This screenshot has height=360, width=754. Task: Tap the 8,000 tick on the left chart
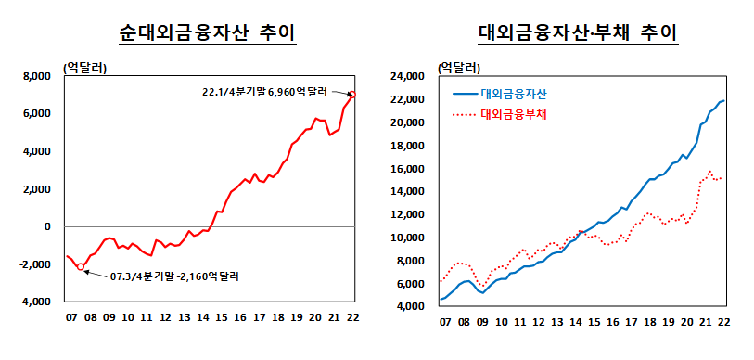click(x=38, y=76)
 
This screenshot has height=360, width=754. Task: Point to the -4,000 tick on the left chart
click(x=36, y=302)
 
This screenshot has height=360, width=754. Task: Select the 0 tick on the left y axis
click(x=46, y=226)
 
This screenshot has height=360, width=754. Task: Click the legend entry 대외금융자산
click(x=514, y=94)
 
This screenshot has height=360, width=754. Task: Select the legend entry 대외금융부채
click(x=514, y=115)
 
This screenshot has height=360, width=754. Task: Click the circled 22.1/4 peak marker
click(x=352, y=94)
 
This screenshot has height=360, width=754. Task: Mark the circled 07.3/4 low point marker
click(x=81, y=267)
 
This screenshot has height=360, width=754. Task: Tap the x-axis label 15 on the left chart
click(x=220, y=318)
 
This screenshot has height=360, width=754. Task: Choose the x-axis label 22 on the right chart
click(x=722, y=322)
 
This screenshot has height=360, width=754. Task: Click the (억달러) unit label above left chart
click(x=84, y=67)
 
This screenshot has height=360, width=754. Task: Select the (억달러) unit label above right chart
click(x=459, y=67)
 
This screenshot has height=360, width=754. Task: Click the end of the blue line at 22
click(x=723, y=100)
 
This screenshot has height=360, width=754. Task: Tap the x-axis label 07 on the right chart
click(x=444, y=322)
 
